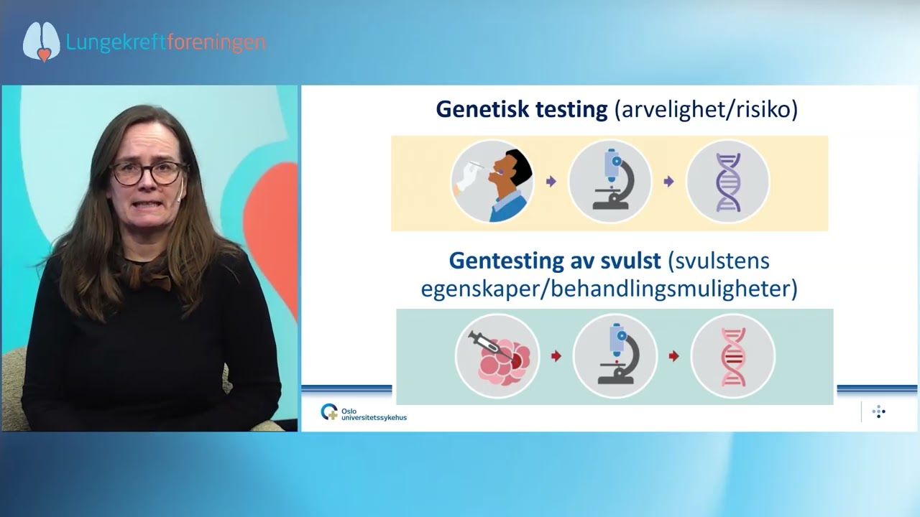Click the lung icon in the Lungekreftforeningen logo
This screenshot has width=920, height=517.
click(x=41, y=42)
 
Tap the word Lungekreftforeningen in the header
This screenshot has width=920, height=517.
click(x=166, y=42)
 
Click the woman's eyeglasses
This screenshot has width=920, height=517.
click(x=147, y=172)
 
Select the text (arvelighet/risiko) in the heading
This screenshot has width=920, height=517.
click(x=706, y=110)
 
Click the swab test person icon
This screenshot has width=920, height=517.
click(x=492, y=182)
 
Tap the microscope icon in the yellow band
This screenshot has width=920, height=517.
click(x=610, y=182)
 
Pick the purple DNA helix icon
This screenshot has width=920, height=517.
click(x=728, y=182)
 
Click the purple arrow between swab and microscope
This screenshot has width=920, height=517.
click(x=551, y=182)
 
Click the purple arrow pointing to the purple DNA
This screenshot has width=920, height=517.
click(x=669, y=182)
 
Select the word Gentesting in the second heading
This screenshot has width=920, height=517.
click(x=507, y=261)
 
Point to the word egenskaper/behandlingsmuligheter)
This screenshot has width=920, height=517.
click(x=609, y=289)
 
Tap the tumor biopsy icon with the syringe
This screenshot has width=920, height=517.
click(x=497, y=355)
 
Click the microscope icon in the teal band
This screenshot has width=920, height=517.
click(x=615, y=355)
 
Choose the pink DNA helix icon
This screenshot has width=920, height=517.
click(x=733, y=355)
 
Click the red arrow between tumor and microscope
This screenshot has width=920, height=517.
click(x=556, y=355)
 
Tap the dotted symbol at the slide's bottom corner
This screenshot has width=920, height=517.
click(x=878, y=412)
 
